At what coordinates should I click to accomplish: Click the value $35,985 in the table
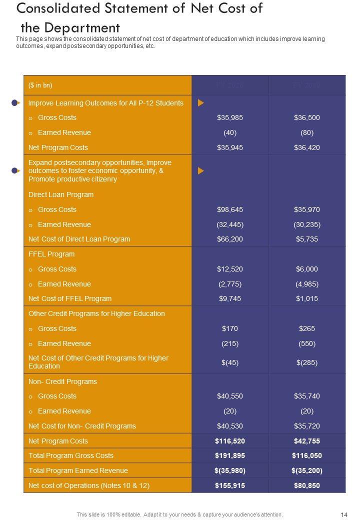(230, 118)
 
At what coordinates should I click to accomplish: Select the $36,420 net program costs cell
(307, 148)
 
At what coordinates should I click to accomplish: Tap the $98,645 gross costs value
(230, 210)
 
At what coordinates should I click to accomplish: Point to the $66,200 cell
(230, 239)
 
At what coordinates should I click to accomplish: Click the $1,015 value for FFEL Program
(307, 299)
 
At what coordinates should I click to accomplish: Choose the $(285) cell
(307, 362)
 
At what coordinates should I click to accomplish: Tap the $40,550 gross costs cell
(230, 396)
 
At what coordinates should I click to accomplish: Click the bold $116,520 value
(230, 441)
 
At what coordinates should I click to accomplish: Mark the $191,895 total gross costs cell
(230, 456)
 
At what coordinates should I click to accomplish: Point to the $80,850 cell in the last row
(307, 485)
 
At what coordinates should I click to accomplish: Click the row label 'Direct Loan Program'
(61, 195)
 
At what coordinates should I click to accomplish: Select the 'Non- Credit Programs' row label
(62, 382)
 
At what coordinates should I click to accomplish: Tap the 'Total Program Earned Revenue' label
(78, 471)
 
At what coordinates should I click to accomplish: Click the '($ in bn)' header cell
(40, 85)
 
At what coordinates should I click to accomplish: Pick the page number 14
(344, 514)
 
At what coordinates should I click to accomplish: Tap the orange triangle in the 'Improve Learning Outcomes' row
(200, 103)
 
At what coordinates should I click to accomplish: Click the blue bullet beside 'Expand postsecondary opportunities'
(15, 171)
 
